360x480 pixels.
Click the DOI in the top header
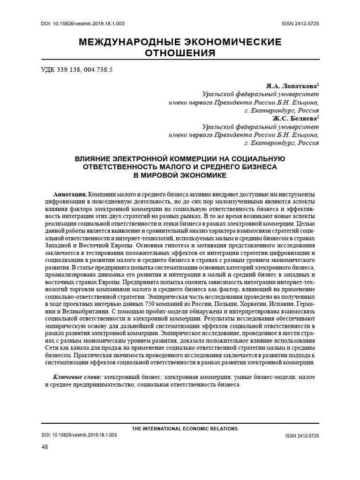pos(80,24)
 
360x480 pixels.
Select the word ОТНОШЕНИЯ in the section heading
pos(180,53)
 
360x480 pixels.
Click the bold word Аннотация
pos(70,194)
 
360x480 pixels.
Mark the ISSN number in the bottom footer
pos(302,435)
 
